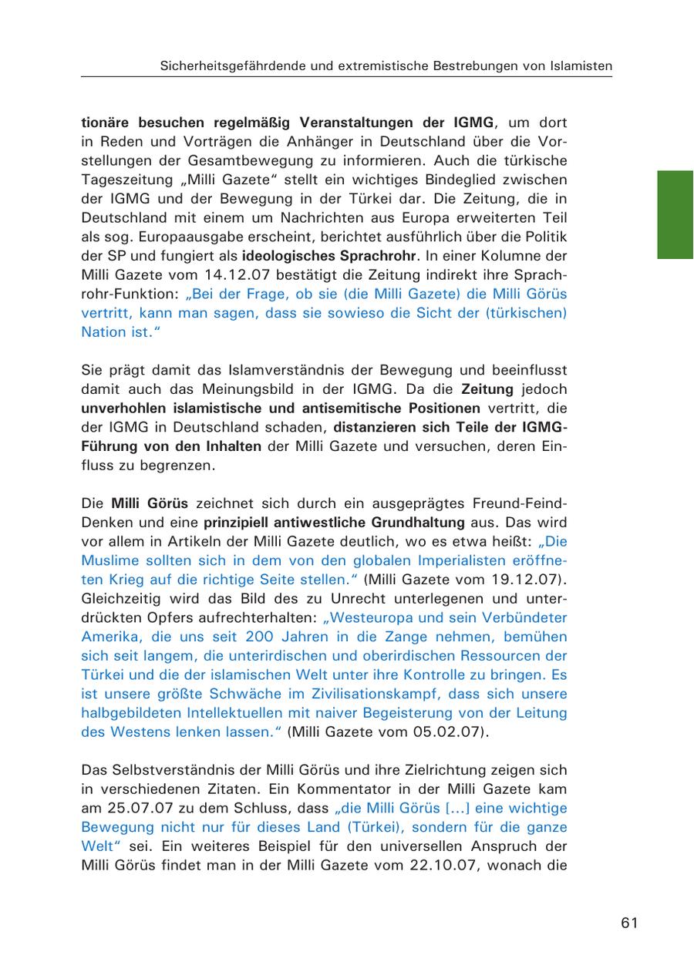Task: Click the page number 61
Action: point(629,923)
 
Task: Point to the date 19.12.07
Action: point(531,580)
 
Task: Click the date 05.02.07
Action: point(452,732)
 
